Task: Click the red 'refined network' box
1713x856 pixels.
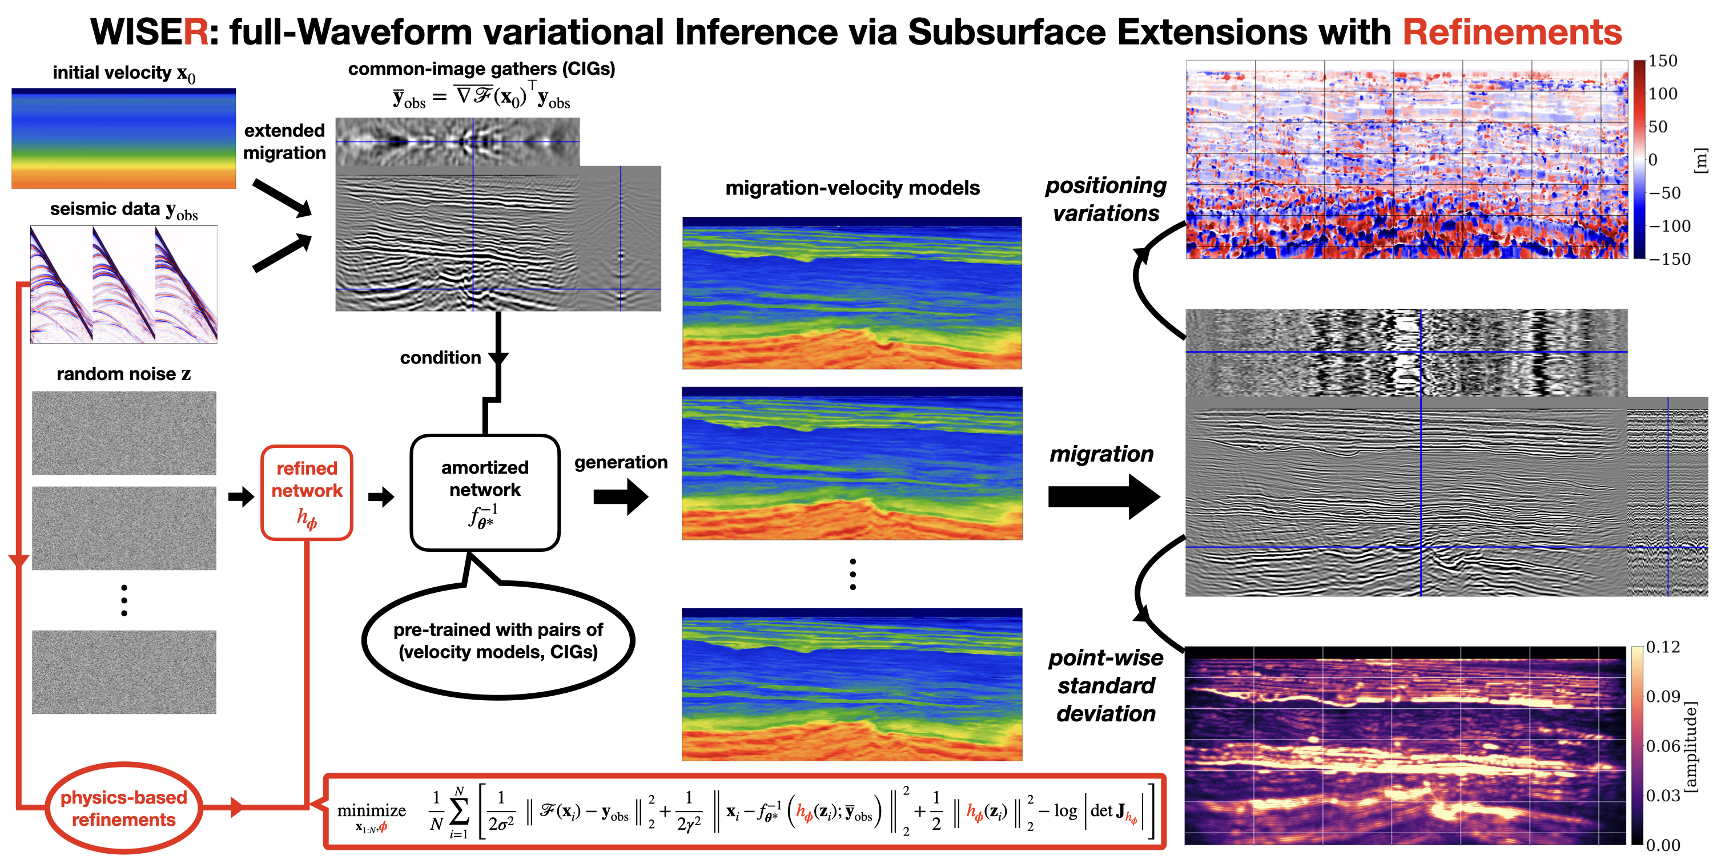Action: pos(307,492)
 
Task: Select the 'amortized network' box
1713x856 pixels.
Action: pos(485,492)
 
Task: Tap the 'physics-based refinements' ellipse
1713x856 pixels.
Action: pos(124,807)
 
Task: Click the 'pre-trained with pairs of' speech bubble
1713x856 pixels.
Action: pos(498,640)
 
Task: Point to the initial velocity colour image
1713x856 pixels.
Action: pos(124,138)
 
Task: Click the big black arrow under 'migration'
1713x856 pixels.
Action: pos(1104,496)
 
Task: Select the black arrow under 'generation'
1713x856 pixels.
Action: pos(621,496)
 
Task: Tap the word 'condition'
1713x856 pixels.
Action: pos(440,358)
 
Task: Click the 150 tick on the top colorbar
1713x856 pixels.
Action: pos(1662,61)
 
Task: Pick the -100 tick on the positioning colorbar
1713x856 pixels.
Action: pos(1669,226)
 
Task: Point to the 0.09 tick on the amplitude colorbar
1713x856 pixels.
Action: pos(1662,696)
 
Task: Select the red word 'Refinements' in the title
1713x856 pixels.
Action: pos(1511,32)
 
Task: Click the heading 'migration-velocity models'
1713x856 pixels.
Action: pos(852,188)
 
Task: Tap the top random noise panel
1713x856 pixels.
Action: pos(124,433)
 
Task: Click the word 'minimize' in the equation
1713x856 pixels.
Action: pos(371,811)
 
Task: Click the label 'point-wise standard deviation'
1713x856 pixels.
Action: pos(1105,685)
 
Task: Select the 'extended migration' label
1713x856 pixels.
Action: pos(284,142)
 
